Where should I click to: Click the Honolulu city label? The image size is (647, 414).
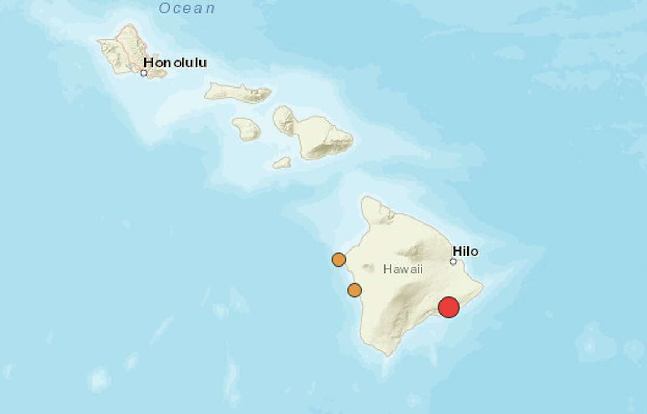[x=175, y=63]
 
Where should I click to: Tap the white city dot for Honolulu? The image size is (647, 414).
[x=143, y=73]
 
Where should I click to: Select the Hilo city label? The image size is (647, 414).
[x=466, y=251]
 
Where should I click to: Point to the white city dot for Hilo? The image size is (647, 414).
[x=453, y=262]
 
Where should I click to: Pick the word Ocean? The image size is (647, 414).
[x=187, y=9]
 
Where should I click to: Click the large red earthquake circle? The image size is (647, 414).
[x=449, y=307]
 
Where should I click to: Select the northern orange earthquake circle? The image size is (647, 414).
[x=338, y=260]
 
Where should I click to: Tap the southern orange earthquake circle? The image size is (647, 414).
[x=354, y=290]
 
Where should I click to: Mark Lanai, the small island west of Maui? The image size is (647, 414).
[x=247, y=130]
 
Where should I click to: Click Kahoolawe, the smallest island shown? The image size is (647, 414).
[x=282, y=162]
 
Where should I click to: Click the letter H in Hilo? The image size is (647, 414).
[x=457, y=251]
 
